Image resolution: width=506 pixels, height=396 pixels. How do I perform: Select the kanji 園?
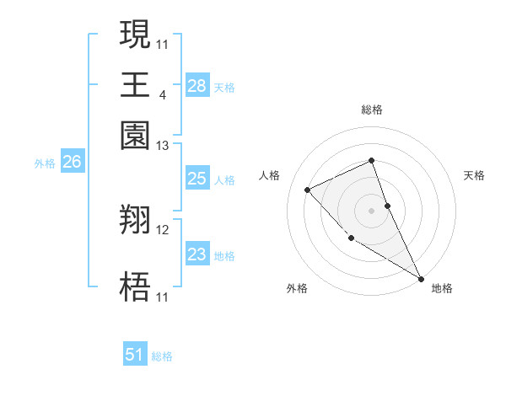click(136, 135)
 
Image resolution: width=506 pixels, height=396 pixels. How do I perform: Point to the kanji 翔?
click(136, 220)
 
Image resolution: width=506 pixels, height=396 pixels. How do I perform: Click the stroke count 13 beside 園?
click(163, 146)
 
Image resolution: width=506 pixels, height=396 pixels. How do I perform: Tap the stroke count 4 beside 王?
click(162, 95)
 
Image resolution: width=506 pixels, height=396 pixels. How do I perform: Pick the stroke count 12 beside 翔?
click(163, 229)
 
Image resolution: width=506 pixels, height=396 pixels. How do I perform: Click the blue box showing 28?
click(197, 85)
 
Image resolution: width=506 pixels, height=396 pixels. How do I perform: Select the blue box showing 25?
click(197, 179)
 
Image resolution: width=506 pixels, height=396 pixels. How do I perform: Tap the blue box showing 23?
click(197, 254)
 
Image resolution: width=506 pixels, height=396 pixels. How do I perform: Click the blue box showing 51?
click(135, 355)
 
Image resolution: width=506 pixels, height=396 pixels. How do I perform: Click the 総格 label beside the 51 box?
click(163, 356)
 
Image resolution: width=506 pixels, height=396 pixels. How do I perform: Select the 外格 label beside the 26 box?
click(45, 164)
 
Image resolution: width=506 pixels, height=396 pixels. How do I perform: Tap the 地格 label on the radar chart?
click(442, 288)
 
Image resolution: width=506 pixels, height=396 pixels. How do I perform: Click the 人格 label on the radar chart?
click(270, 175)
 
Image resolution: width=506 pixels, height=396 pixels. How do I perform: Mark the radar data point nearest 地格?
click(421, 278)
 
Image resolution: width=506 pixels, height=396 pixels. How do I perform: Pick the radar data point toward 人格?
click(308, 190)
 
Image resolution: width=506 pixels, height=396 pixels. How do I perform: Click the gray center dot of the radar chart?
click(371, 211)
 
